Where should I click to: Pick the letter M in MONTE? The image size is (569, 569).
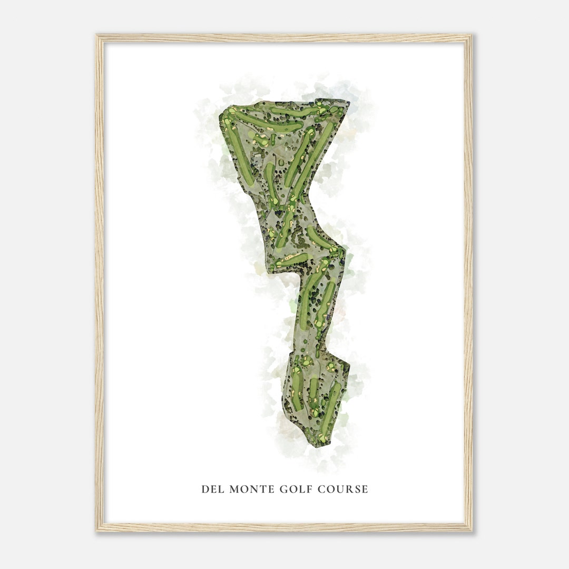232,489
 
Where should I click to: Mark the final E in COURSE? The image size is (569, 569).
365,489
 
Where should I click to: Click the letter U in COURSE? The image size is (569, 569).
340,489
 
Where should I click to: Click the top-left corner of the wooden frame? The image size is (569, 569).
97,36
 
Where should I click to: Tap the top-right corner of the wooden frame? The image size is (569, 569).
471,36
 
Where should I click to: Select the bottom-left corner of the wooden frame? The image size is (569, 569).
97,531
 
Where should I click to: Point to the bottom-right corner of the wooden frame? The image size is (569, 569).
471,531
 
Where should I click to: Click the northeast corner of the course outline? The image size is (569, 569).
348,101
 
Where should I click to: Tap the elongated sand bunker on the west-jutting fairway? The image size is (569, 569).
289,258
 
